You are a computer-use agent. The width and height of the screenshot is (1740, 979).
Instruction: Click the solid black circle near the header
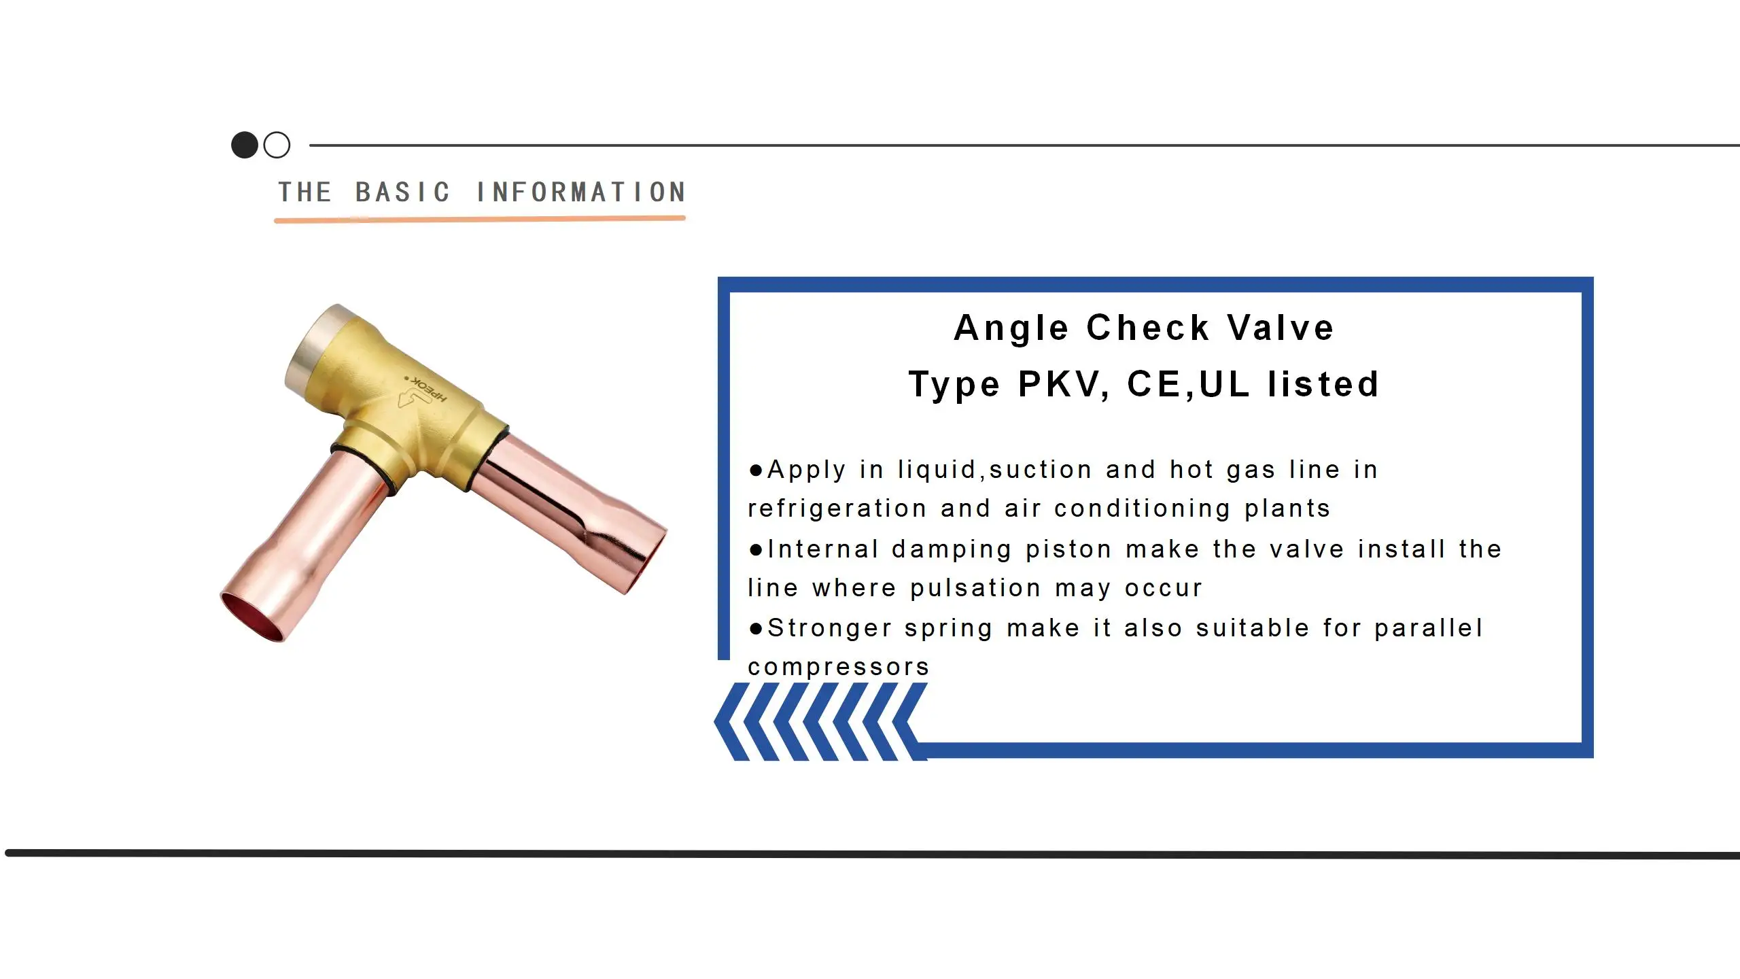tap(245, 145)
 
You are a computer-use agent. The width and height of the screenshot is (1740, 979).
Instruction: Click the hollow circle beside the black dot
tap(277, 145)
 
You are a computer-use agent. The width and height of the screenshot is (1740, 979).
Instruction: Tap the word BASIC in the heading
tap(402, 192)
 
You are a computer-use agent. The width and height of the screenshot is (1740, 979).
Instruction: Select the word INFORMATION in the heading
tap(581, 192)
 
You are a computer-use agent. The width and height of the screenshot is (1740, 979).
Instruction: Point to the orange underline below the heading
tap(479, 219)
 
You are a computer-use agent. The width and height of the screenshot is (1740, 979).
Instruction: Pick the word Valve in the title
tap(1281, 328)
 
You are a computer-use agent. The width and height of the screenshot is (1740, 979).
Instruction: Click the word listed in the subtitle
tap(1323, 384)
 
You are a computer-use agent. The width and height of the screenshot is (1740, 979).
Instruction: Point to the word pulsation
tap(975, 588)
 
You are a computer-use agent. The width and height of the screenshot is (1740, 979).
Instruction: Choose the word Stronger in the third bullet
tap(829, 628)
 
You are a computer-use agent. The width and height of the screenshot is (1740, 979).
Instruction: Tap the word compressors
tap(839, 667)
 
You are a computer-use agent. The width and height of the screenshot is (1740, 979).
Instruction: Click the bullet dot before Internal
tap(756, 549)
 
